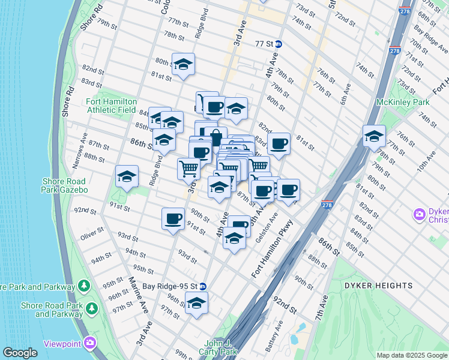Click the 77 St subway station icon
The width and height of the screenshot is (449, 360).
[x=279, y=44]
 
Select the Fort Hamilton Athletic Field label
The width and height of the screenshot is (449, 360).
[x=112, y=106]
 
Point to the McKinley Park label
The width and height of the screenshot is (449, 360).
[x=407, y=102]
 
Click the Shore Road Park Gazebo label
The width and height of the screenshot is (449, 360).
[x=65, y=185]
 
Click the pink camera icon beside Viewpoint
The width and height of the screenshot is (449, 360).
[x=90, y=344]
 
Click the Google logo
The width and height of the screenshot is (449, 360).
[x=20, y=353]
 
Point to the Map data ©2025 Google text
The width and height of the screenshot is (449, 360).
[x=411, y=355]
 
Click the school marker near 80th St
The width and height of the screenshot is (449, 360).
[x=183, y=65]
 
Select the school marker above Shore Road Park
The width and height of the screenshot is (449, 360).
[x=127, y=176]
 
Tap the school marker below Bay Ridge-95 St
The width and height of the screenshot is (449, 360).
[x=196, y=304]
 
